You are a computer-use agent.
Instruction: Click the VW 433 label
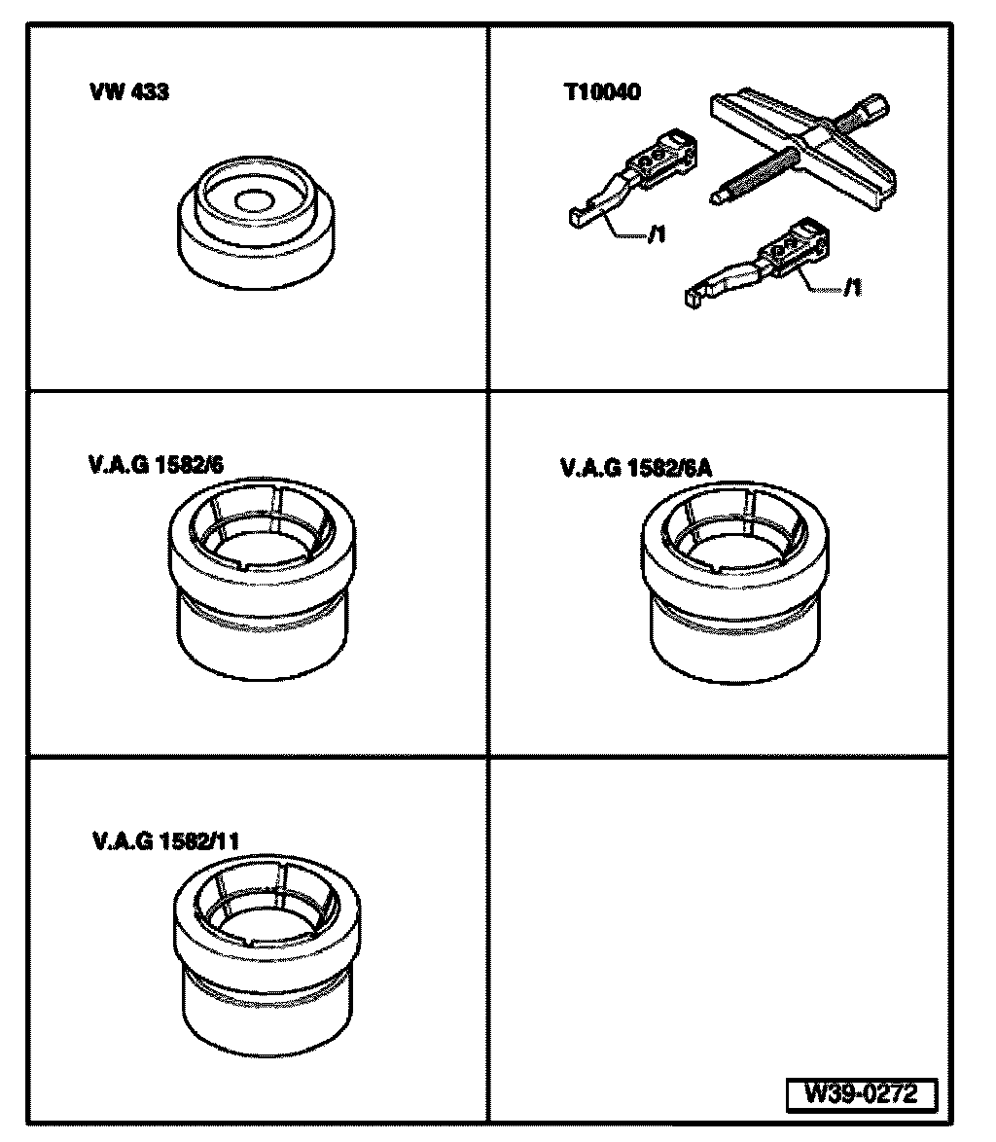(x=129, y=94)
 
